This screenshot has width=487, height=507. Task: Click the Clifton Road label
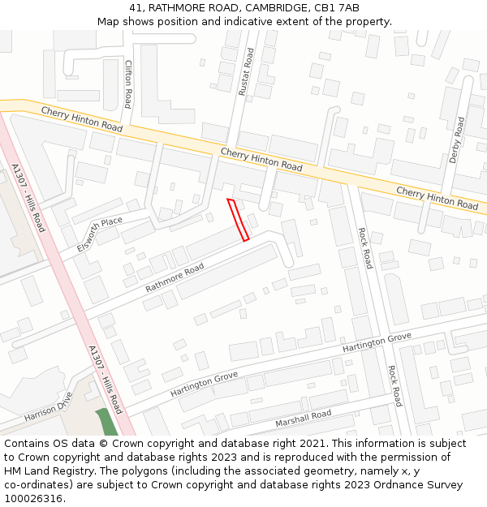[x=127, y=84]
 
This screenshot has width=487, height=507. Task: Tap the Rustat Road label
[x=246, y=72]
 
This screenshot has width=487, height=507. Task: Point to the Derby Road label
[x=456, y=140]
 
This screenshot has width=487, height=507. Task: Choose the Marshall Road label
[x=303, y=419]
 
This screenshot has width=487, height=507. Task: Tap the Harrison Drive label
[x=48, y=407]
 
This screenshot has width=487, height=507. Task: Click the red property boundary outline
[x=238, y=219]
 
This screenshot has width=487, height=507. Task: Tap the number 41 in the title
[x=136, y=8]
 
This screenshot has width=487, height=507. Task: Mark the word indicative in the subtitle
[x=255, y=22]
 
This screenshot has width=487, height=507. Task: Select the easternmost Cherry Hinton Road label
[x=437, y=197]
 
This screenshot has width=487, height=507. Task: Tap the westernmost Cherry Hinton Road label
[x=82, y=119]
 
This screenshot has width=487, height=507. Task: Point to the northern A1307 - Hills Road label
[x=28, y=198]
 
